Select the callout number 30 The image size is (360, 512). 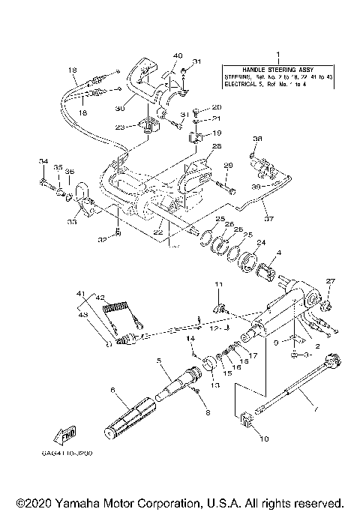click(119, 107)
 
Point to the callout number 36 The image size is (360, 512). click(258, 139)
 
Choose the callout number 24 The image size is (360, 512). click(261, 243)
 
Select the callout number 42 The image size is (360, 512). click(100, 297)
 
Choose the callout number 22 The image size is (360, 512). click(157, 232)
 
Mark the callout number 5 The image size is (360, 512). click(159, 360)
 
